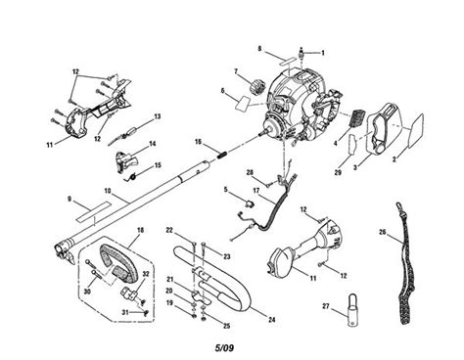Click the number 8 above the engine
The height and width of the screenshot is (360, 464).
click(260, 47)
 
